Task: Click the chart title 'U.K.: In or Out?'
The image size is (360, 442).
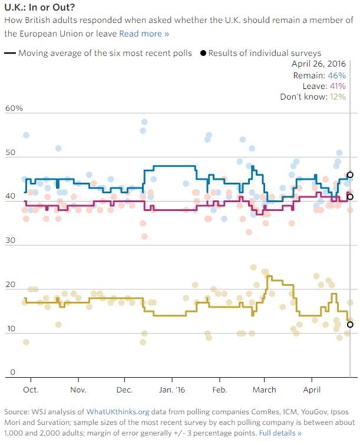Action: [x=35, y=8]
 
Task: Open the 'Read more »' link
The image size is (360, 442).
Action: [x=144, y=34]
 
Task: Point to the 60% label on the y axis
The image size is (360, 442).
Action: [x=14, y=109]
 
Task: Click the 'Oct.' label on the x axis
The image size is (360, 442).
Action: [x=30, y=390]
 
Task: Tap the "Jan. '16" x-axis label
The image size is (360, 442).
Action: [x=173, y=390]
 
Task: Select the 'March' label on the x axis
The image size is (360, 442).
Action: [x=265, y=390]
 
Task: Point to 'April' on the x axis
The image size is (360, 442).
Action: [x=313, y=390]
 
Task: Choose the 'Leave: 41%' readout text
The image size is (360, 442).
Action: [x=323, y=86]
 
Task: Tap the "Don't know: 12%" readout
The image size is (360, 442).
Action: [x=313, y=97]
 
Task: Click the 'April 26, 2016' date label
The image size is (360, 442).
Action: [x=319, y=65]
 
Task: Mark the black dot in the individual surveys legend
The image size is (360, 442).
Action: [x=203, y=53]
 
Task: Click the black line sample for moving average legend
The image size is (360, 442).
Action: [x=10, y=53]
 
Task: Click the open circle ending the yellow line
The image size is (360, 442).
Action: [x=351, y=324]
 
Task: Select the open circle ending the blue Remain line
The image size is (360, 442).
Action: [x=351, y=174]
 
